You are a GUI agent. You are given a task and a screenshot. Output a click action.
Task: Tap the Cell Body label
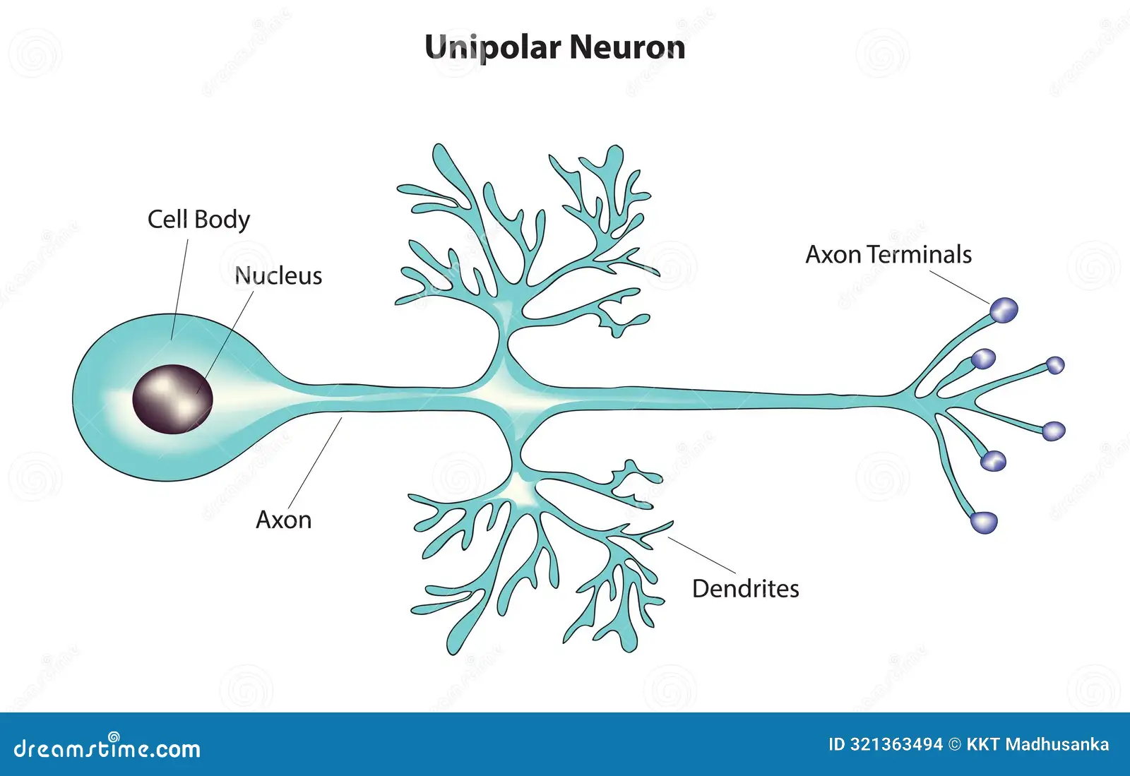pos(198,220)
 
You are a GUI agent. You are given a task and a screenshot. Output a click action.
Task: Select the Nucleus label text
pos(278,276)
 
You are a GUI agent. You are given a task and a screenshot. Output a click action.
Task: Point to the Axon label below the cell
pos(283,520)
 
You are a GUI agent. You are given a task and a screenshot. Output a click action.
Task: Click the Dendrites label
pos(745,589)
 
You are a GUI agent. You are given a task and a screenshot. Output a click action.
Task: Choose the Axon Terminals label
pos(888,255)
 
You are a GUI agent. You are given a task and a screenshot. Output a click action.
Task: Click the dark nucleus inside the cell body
pos(172,399)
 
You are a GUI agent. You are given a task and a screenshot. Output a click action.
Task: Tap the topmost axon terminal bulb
pos(1004,310)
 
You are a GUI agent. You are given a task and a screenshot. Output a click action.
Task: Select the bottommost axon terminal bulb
pos(984,523)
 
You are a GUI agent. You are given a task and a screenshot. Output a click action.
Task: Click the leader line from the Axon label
pos(315,462)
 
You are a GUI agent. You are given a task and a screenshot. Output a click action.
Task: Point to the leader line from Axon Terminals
pos(961,287)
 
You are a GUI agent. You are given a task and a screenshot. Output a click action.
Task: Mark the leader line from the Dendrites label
pos(703,555)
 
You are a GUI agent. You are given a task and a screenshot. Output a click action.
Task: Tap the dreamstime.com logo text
pos(107,748)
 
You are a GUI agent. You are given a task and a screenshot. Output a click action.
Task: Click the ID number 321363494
pos(896,745)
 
